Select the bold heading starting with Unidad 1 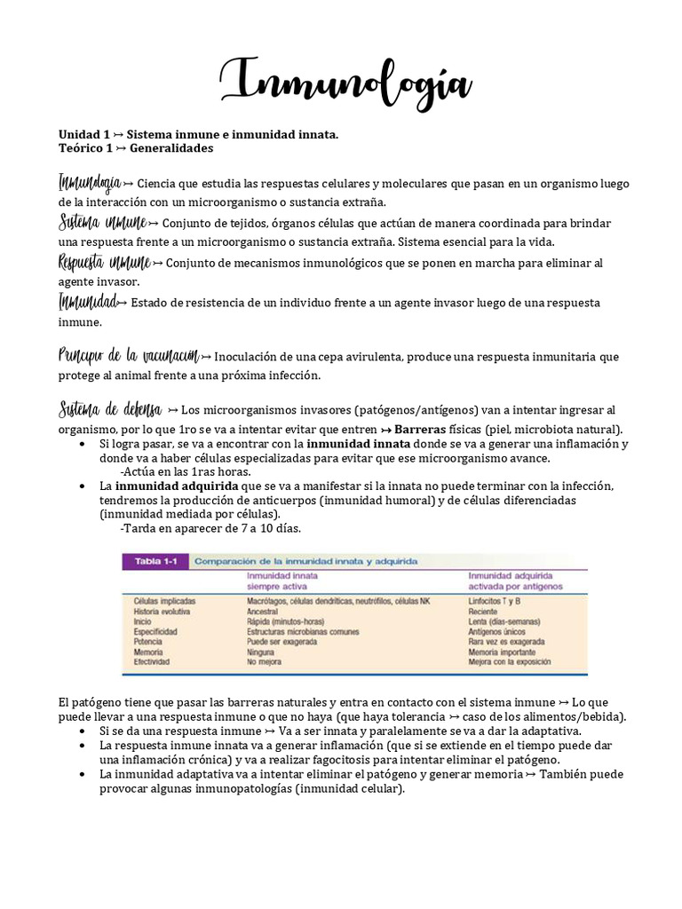[198, 134]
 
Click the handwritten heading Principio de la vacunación [129, 356]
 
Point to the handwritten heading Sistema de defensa [110, 409]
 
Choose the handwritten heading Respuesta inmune [104, 263]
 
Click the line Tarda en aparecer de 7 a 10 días [210, 528]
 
